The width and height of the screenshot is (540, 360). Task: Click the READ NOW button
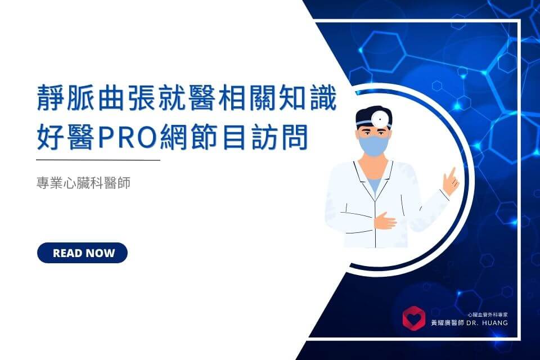coord(82,253)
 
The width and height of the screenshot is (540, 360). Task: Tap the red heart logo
coord(414,318)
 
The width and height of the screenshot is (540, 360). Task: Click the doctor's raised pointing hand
coord(451,182)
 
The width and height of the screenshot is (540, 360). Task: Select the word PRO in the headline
coord(128,138)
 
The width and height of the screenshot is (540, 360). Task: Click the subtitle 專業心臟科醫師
coord(83,183)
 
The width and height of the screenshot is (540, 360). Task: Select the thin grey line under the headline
coord(98,160)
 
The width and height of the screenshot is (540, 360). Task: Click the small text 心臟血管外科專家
coord(488,314)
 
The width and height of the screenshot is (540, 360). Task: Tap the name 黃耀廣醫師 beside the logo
coord(447,323)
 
